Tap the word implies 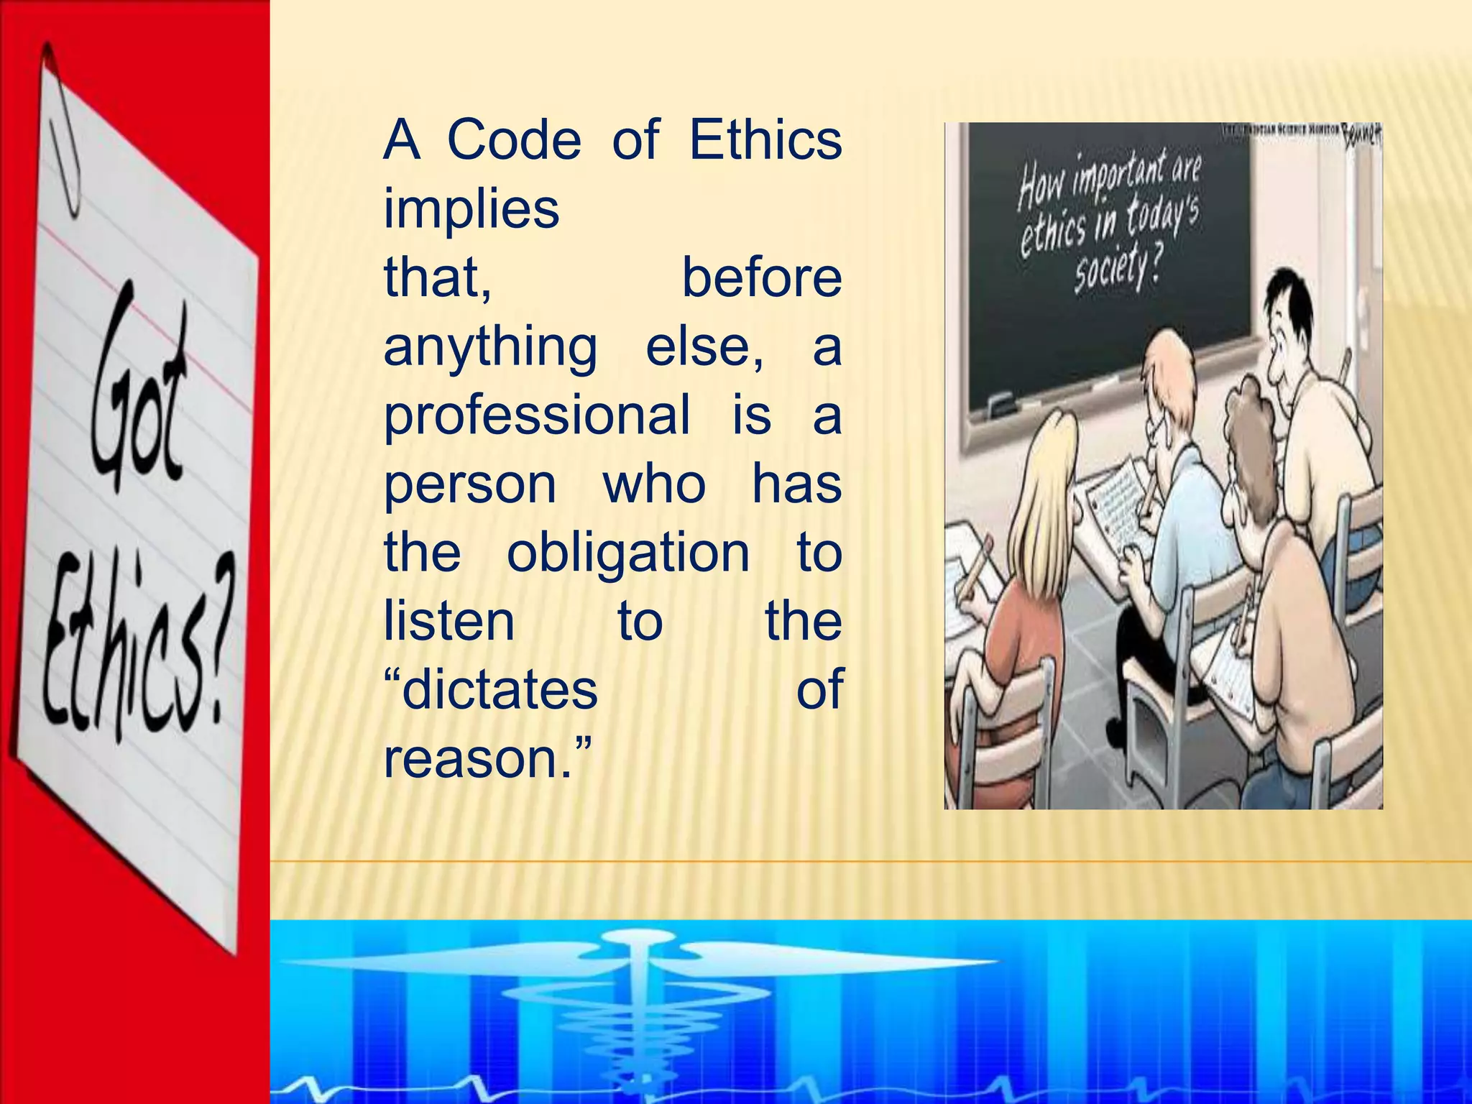tap(471, 209)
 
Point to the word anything tap(490, 347)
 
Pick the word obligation tap(628, 553)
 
